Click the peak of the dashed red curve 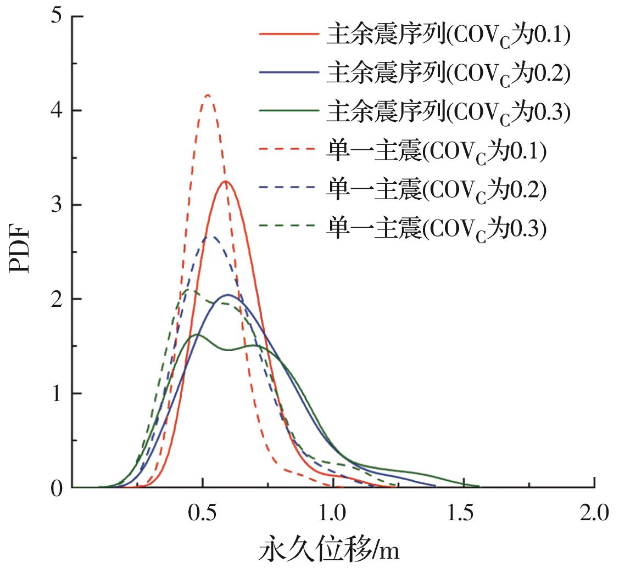point(207,95)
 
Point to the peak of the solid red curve point(225,181)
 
